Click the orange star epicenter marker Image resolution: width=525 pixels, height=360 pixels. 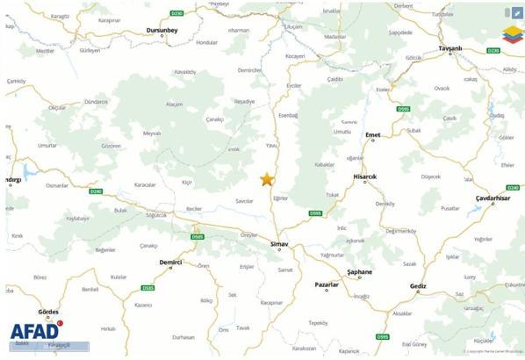(x=267, y=179)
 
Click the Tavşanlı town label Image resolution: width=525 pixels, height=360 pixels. (x=449, y=48)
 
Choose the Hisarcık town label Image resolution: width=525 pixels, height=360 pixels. (x=364, y=176)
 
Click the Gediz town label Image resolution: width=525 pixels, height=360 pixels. (x=418, y=285)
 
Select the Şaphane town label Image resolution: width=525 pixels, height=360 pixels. (x=360, y=272)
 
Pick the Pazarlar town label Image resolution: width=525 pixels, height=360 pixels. (x=327, y=285)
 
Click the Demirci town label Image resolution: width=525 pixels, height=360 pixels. (x=170, y=262)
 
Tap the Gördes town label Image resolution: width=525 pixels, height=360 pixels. (x=48, y=312)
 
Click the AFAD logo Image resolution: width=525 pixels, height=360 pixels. (x=35, y=332)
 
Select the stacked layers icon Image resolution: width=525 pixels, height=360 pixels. (x=511, y=35)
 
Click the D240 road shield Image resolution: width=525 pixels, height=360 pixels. (x=96, y=191)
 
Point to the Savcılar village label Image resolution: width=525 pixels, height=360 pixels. (x=243, y=201)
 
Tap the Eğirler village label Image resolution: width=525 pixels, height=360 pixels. (x=280, y=198)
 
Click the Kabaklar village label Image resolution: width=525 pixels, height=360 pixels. (x=325, y=164)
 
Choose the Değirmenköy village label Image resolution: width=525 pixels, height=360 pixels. (x=399, y=230)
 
